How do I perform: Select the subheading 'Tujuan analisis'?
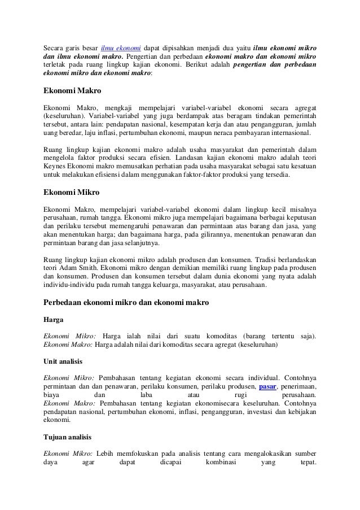tap(67, 437)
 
